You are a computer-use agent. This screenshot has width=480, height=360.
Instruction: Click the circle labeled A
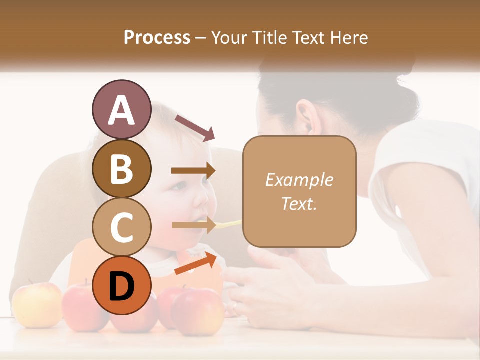click(121, 109)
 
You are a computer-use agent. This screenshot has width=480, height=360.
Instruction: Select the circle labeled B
click(121, 168)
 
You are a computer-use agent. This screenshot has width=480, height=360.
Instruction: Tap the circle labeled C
click(121, 227)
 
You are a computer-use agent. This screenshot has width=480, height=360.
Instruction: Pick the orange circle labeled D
click(121, 285)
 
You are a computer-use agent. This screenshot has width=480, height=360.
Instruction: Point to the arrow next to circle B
click(193, 171)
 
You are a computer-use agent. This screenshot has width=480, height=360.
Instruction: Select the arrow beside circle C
click(193, 225)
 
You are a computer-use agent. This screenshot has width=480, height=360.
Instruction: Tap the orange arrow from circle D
click(196, 263)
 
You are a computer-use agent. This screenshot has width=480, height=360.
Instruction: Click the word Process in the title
click(157, 37)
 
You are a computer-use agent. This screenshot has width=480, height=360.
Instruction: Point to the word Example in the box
click(299, 180)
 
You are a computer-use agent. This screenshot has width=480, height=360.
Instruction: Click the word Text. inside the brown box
click(299, 203)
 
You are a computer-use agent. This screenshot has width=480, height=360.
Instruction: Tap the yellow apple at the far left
click(36, 304)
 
